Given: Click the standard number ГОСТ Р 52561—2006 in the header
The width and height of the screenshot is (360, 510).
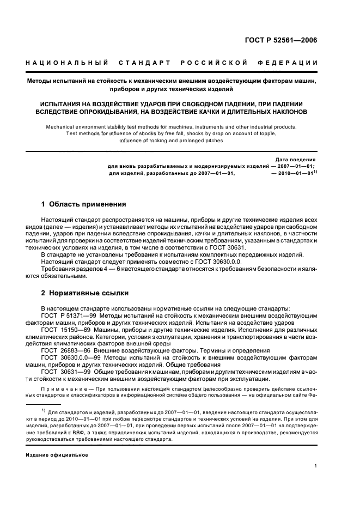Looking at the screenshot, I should click(284, 40).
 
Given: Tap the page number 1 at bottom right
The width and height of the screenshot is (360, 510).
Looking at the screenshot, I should click(316, 466).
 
